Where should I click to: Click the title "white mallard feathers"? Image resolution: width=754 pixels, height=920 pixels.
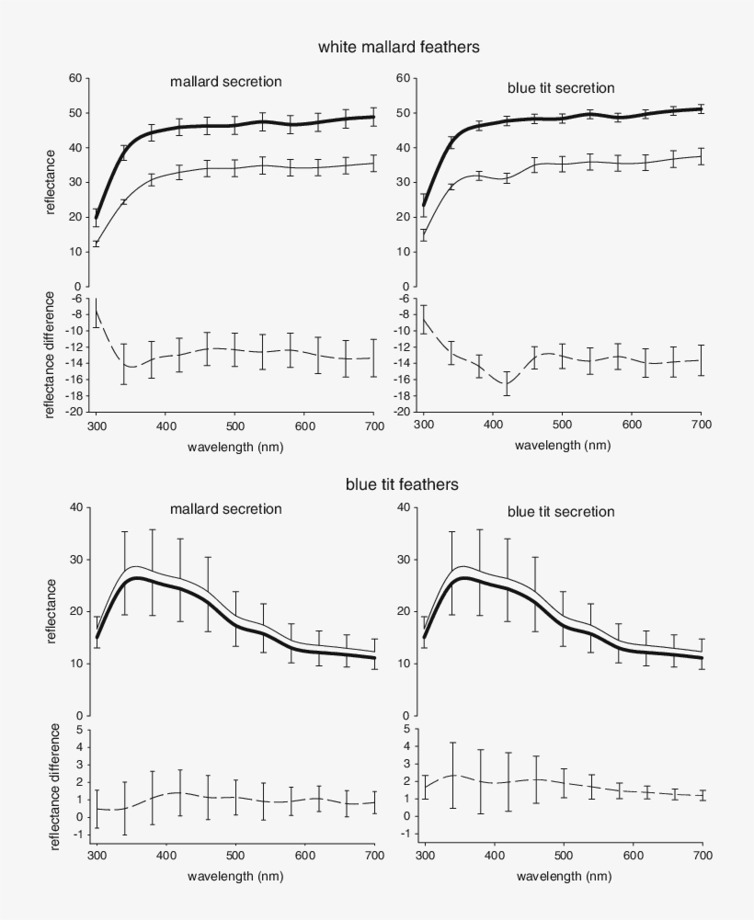[398, 46]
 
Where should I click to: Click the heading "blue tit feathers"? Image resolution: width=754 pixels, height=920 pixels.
[402, 483]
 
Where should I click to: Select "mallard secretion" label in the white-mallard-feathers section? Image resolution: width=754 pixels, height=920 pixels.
[225, 82]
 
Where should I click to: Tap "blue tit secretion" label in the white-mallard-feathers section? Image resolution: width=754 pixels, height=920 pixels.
[561, 88]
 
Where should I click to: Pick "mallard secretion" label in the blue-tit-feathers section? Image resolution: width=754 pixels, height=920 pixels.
[225, 508]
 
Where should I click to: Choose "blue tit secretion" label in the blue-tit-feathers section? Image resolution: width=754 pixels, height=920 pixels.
[561, 511]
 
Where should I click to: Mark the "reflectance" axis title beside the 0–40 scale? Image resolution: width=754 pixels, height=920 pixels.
[54, 609]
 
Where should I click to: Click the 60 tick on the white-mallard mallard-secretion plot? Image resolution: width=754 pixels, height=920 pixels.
[74, 78]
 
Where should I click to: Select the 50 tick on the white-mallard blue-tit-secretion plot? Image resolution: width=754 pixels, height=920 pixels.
[401, 113]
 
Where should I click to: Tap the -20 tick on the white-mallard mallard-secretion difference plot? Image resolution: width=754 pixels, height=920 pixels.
[72, 412]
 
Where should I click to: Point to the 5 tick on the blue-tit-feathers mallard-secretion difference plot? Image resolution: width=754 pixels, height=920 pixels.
[80, 730]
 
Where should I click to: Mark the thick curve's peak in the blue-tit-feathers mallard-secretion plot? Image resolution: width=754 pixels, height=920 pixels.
[135, 578]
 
